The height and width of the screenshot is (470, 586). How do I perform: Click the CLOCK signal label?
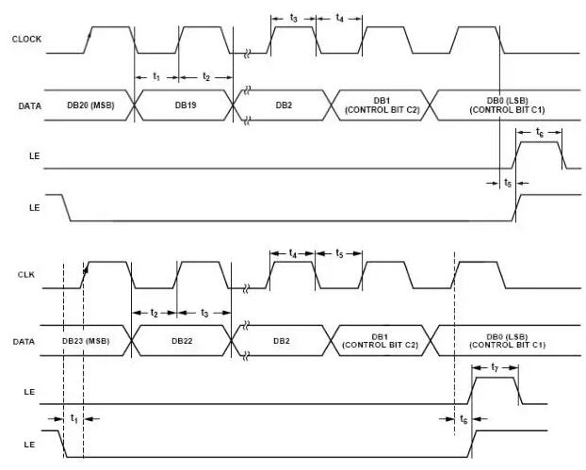pyautogui.click(x=24, y=39)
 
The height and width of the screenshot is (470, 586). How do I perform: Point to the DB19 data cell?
pyautogui.click(x=185, y=105)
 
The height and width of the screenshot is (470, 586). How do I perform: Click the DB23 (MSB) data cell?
pyautogui.click(x=86, y=340)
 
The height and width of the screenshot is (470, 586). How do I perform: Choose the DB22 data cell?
pyautogui.click(x=182, y=340)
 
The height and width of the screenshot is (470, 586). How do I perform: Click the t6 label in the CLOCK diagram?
pyautogui.click(x=539, y=132)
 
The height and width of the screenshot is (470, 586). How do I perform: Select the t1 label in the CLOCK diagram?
pyautogui.click(x=156, y=75)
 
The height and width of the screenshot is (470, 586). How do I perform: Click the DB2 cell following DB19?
pyautogui.click(x=283, y=105)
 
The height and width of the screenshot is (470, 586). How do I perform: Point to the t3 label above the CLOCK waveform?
pyautogui.click(x=293, y=18)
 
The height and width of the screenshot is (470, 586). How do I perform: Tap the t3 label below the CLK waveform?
pyautogui.click(x=205, y=312)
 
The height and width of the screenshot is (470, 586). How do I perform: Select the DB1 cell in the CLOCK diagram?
pyautogui.click(x=381, y=105)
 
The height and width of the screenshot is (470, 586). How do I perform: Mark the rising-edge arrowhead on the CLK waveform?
pyautogui.click(x=84, y=269)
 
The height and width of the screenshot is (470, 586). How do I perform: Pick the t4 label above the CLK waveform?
pyautogui.click(x=293, y=254)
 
